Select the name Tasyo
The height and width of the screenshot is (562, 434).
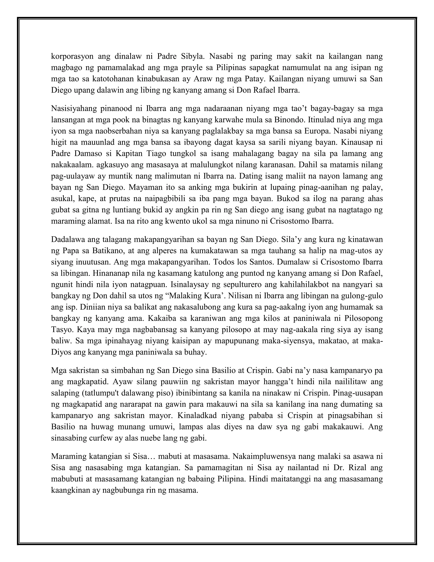[59, 330]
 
